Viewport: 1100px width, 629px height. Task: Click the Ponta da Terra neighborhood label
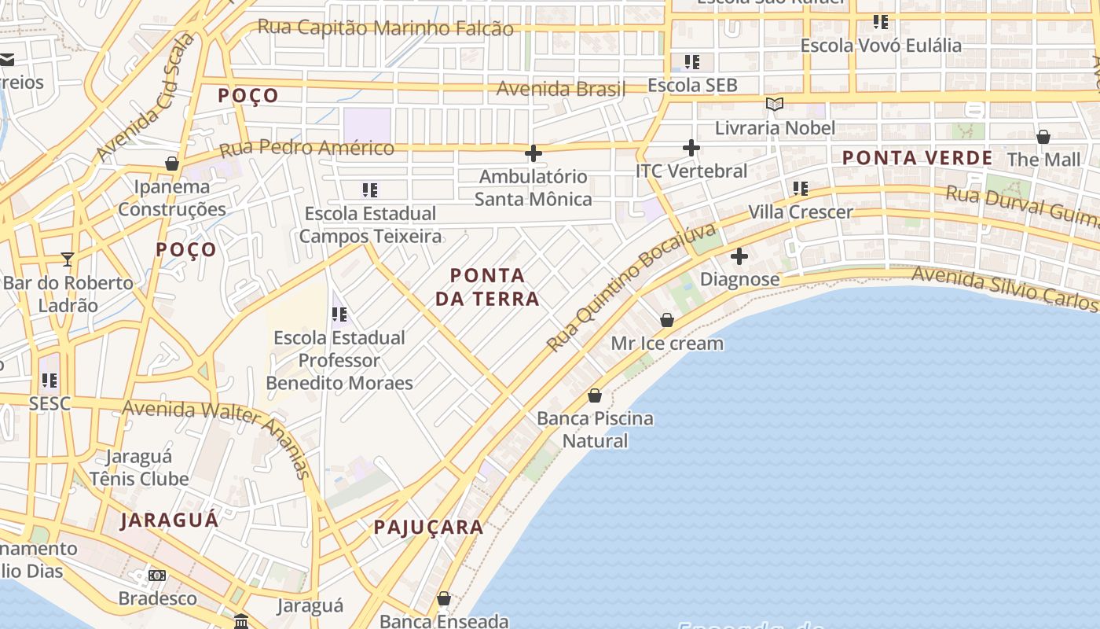tap(495, 287)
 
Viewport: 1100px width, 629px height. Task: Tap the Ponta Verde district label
tap(918, 158)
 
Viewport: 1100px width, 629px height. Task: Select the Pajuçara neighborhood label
tap(428, 528)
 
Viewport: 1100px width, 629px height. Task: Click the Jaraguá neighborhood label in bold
tap(170, 520)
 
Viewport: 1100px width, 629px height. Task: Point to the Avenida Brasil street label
tap(561, 89)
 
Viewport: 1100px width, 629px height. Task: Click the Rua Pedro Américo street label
tap(306, 147)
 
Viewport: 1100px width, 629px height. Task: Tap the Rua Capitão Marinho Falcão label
tap(386, 28)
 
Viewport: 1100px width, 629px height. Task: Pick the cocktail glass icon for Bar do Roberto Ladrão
tap(68, 259)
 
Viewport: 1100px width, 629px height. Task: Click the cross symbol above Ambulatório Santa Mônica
tap(533, 153)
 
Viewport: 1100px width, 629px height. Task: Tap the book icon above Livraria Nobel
tap(775, 104)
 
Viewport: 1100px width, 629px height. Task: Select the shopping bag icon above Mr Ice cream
tap(667, 320)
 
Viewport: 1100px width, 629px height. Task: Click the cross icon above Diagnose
tap(739, 256)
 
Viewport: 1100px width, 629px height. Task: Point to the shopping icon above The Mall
tap(1043, 137)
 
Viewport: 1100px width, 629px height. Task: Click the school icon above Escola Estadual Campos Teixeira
tap(370, 189)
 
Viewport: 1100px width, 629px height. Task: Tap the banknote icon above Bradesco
tap(157, 576)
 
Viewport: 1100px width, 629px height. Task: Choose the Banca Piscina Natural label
tap(595, 429)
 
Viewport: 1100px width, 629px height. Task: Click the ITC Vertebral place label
tap(691, 171)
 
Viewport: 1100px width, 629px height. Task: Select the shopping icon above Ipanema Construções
tap(172, 164)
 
